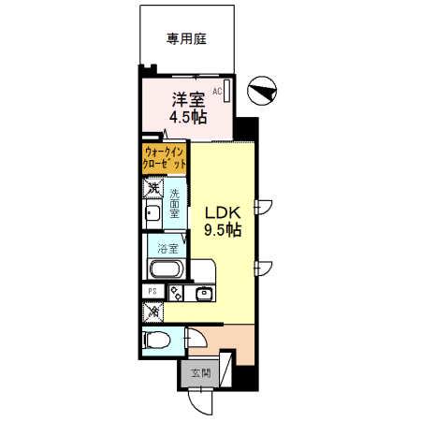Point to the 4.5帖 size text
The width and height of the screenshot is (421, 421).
coord(185,117)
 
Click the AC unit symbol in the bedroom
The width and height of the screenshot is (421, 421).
coord(225,94)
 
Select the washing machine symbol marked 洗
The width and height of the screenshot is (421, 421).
coord(153,191)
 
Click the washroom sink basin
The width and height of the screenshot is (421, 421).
coord(152,217)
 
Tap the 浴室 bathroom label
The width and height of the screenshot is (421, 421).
coord(168,249)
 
